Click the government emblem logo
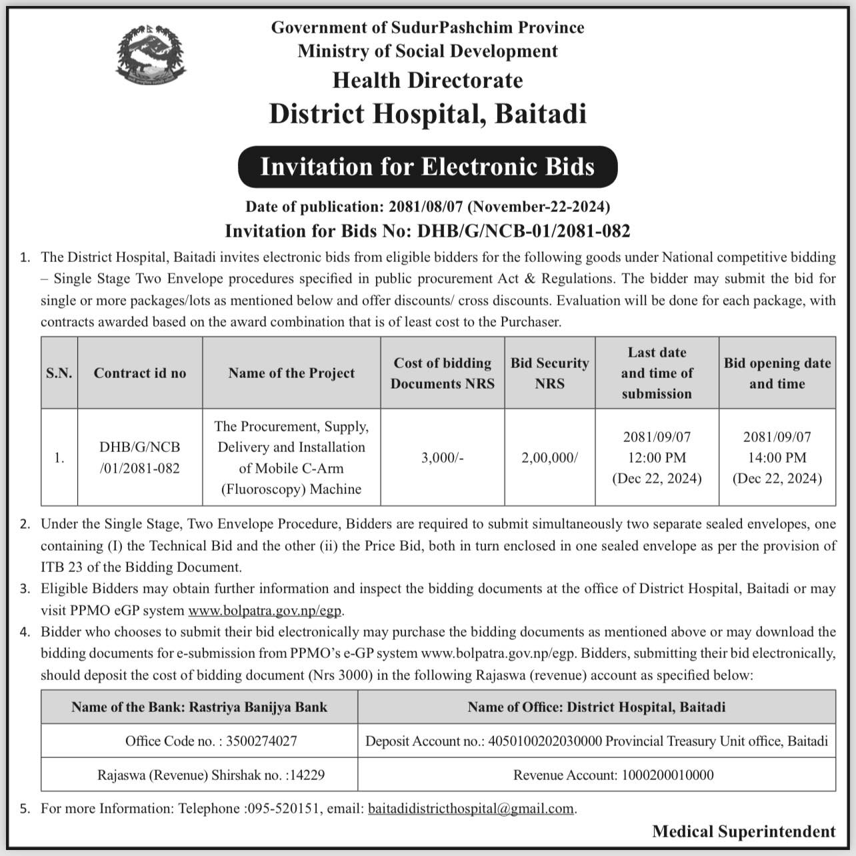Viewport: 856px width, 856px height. (151, 56)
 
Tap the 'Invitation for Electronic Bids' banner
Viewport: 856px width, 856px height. (427, 167)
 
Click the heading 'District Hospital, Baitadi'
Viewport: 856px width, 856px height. (427, 113)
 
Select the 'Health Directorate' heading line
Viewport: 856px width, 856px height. (427, 81)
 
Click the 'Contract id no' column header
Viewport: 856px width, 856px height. (140, 373)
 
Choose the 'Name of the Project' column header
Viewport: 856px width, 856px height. (291, 373)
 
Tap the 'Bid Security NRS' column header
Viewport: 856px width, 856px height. (549, 373)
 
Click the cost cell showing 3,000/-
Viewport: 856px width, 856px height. (442, 458)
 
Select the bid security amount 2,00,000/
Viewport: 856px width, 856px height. (549, 458)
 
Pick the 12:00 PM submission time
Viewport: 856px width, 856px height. (657, 458)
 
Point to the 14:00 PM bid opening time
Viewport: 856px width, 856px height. (777, 458)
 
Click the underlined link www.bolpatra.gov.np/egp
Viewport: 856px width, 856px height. (265, 610)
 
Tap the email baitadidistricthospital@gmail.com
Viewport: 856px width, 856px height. (471, 809)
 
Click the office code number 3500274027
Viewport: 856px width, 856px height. (261, 741)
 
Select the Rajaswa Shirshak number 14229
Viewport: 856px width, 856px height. (307, 775)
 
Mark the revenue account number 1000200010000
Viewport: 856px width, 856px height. (667, 775)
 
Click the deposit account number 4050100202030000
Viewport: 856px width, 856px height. (545, 741)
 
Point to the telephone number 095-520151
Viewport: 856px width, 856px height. (283, 809)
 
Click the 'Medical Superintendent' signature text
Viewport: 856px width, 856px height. (743, 831)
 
